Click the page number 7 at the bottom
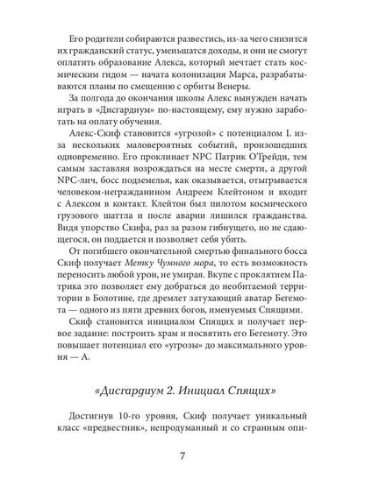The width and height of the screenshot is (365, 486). click(x=182, y=454)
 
